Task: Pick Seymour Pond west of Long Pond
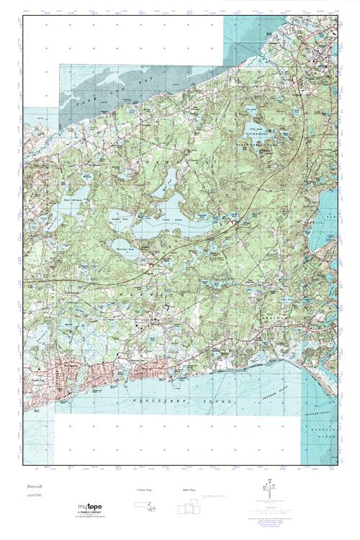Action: pyautogui.click(x=120, y=217)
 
